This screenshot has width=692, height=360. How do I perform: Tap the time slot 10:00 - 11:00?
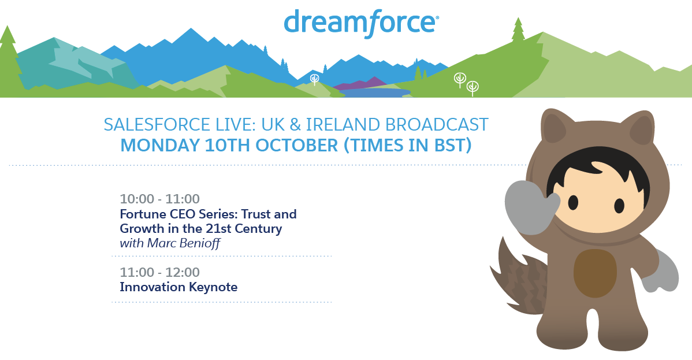tap(160, 199)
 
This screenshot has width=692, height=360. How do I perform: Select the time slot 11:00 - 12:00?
tap(160, 272)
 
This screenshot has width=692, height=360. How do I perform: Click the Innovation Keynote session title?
tap(178, 287)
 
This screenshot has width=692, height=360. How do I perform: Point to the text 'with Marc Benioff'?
tap(170, 243)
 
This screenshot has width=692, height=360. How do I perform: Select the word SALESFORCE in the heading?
tap(158, 125)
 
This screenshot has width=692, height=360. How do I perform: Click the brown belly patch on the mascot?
tap(595, 273)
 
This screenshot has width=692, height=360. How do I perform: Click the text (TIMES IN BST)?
tap(408, 145)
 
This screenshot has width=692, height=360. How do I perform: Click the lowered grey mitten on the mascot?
tap(661, 271)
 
